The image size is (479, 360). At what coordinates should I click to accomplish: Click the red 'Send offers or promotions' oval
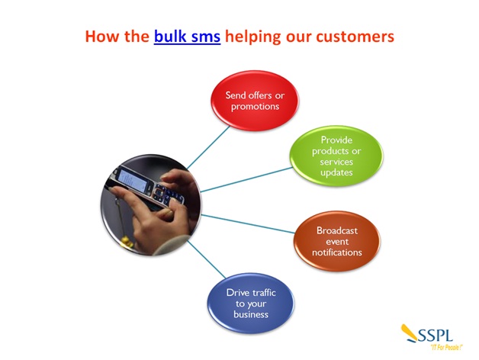(x=255, y=101)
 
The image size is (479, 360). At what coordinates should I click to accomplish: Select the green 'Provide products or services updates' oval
(x=336, y=156)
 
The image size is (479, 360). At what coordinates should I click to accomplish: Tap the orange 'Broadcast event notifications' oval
(x=337, y=241)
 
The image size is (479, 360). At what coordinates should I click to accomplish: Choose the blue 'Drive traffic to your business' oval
(x=251, y=303)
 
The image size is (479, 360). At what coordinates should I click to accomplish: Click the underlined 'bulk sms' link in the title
(x=187, y=37)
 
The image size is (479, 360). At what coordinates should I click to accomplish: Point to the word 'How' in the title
(x=102, y=37)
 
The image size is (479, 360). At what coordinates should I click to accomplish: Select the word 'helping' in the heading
(x=252, y=37)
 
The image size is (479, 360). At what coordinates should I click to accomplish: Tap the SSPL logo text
(x=436, y=336)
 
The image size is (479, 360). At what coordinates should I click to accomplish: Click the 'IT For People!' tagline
(x=447, y=348)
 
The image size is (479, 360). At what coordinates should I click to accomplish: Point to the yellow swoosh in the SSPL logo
(x=410, y=333)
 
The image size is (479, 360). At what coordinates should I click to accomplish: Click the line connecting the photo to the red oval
(x=209, y=147)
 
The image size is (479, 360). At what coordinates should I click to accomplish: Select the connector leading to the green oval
(x=246, y=180)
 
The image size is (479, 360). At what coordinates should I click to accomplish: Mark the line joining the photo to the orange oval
(x=248, y=224)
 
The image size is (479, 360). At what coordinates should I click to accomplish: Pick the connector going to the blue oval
(x=207, y=259)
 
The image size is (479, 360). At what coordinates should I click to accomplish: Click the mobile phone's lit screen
(x=133, y=180)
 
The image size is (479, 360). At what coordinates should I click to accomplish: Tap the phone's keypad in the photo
(x=166, y=194)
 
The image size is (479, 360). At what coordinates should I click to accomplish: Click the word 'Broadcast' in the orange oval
(x=337, y=230)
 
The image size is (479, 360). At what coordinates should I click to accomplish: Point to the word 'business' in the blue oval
(x=251, y=314)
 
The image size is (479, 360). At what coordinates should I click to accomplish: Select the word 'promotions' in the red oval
(x=255, y=107)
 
